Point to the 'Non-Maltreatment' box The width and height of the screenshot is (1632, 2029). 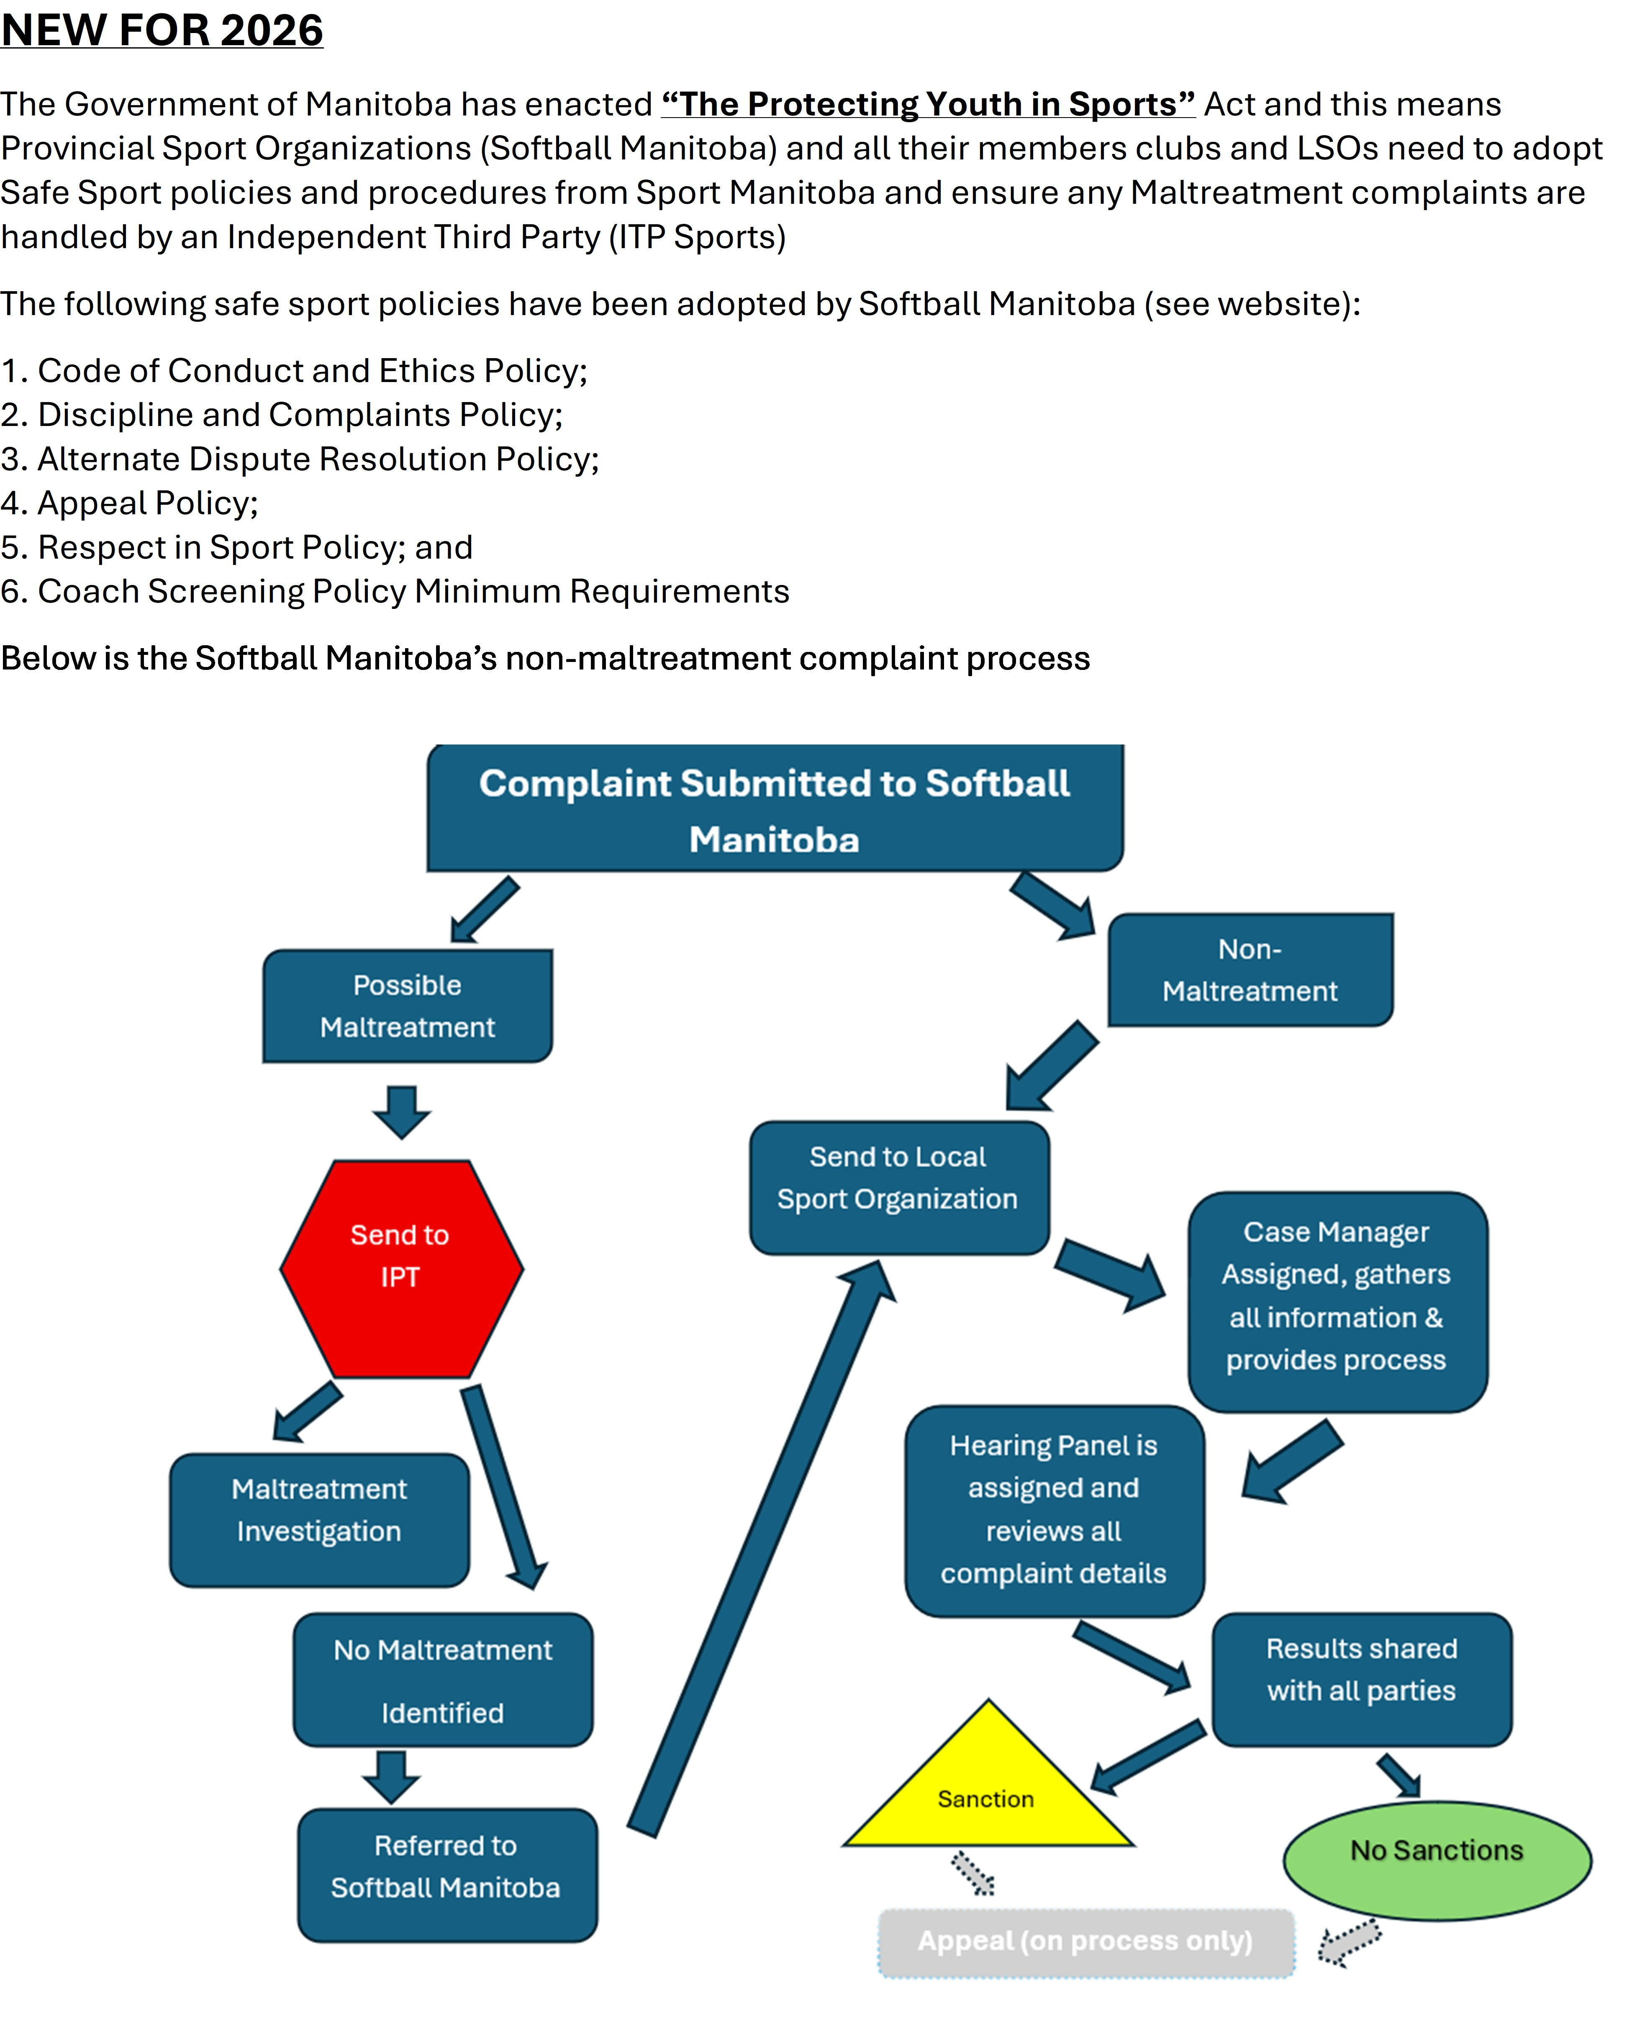coord(1250,970)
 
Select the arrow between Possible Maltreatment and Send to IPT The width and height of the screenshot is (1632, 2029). coord(402,1111)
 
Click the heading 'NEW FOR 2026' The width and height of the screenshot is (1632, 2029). coord(162,30)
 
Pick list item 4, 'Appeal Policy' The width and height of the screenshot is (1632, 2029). coord(130,503)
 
